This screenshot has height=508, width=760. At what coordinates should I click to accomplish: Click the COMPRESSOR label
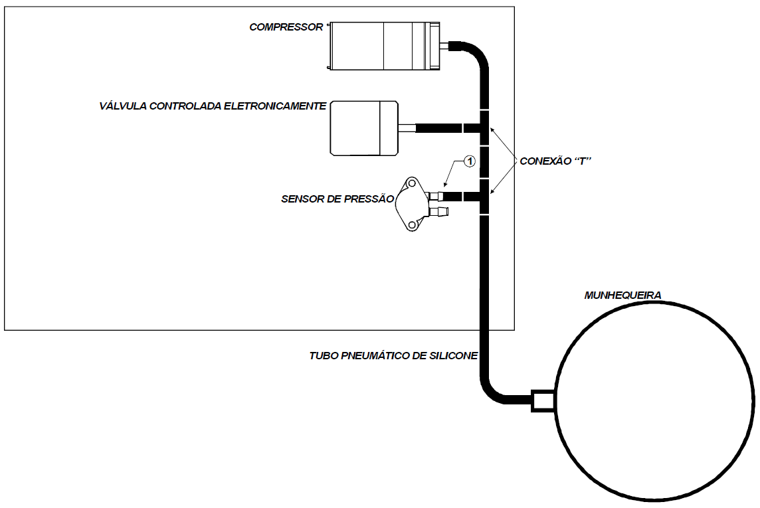(x=286, y=27)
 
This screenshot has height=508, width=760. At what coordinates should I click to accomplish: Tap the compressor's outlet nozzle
(x=445, y=46)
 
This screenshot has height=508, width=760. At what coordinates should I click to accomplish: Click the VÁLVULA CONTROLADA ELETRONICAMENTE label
(x=213, y=106)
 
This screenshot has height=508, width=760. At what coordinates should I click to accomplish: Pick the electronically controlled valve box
(x=364, y=128)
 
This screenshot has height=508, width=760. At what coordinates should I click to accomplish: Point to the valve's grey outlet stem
(x=407, y=128)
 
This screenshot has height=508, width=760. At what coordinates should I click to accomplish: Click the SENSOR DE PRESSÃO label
(x=337, y=199)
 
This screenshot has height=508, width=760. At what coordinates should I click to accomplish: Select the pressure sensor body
(x=412, y=204)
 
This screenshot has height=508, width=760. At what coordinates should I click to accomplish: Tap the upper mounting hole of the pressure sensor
(x=412, y=184)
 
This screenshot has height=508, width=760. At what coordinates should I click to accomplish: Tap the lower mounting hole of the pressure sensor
(x=412, y=224)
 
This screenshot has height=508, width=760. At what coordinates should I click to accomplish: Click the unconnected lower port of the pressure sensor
(x=439, y=212)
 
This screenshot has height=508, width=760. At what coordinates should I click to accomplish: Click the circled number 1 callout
(x=470, y=161)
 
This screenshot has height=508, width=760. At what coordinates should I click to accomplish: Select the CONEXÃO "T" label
(x=555, y=161)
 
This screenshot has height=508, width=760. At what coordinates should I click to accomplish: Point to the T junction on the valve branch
(x=484, y=128)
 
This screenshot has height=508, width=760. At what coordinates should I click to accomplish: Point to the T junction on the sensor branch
(x=484, y=196)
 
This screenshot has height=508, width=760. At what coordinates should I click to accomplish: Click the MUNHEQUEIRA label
(x=622, y=295)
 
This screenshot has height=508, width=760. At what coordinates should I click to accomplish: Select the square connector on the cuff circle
(x=543, y=400)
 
